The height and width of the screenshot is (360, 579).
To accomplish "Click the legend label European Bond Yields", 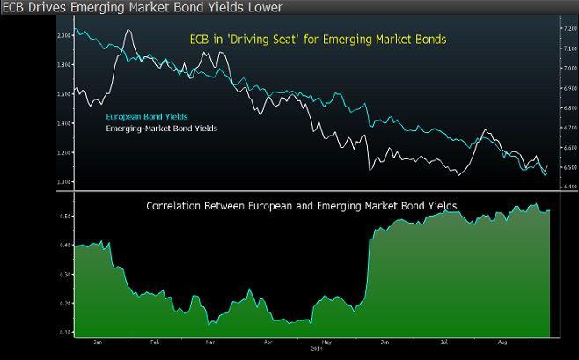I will pyautogui.click(x=147, y=116).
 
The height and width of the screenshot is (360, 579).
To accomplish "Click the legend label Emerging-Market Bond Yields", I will pyautogui.click(x=161, y=129).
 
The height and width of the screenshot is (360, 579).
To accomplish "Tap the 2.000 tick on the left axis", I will pyautogui.click(x=62, y=36).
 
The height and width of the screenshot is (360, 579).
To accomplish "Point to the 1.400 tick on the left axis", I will pyautogui.click(x=62, y=123).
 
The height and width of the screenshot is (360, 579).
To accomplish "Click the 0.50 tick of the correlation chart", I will pyautogui.click(x=65, y=216).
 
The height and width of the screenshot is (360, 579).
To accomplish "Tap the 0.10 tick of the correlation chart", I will pyautogui.click(x=65, y=333).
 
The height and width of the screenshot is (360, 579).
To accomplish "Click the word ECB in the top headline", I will pyautogui.click(x=12, y=9).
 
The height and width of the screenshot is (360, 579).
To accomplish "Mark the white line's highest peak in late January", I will pyautogui.click(x=128, y=30).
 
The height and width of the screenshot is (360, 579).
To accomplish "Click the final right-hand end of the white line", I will pyautogui.click(x=547, y=165).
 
